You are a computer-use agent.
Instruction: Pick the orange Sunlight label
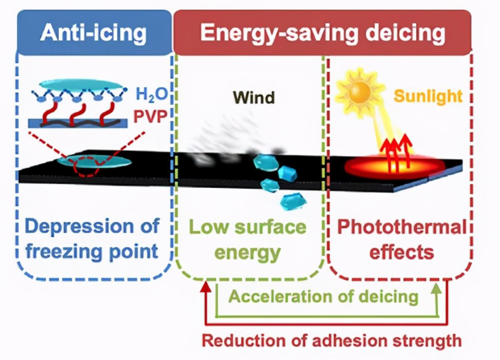(428, 96)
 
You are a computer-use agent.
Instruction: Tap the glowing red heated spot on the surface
(393, 166)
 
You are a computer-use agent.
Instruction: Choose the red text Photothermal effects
(401, 240)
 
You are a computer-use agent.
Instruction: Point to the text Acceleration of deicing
(323, 296)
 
